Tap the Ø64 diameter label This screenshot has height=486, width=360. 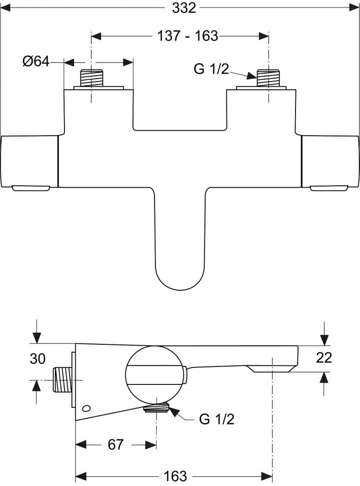click(x=35, y=62)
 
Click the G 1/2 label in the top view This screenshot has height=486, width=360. click(x=211, y=69)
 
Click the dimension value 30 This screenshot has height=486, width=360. click(x=38, y=359)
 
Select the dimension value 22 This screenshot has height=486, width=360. click(x=324, y=357)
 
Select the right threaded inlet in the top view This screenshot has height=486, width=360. click(x=268, y=78)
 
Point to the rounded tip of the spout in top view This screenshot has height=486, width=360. click(x=180, y=280)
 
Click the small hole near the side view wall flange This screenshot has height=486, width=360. click(x=88, y=408)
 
